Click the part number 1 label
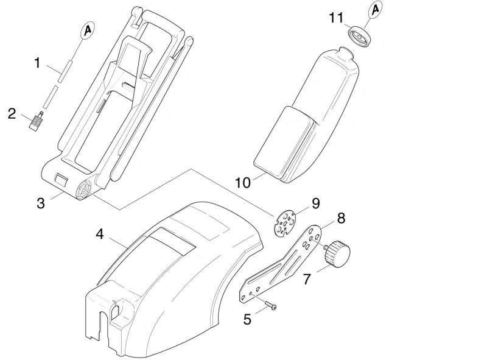pyautogui.click(x=37, y=63)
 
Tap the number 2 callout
pyautogui.click(x=12, y=114)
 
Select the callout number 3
pyautogui.click(x=41, y=203)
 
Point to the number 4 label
pyautogui.click(x=99, y=234)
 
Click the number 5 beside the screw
pyautogui.click(x=247, y=319)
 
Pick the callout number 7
pyautogui.click(x=307, y=279)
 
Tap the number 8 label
pyautogui.click(x=341, y=218)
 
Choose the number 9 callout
pyautogui.click(x=315, y=203)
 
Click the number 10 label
pyautogui.click(x=243, y=183)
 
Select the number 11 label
pyautogui.click(x=336, y=18)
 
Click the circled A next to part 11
pyautogui.click(x=376, y=10)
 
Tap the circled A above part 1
pyautogui.click(x=88, y=30)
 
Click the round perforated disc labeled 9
pyautogui.click(x=284, y=223)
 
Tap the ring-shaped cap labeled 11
pyautogui.click(x=360, y=37)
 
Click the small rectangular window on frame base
pyautogui.click(x=61, y=180)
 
